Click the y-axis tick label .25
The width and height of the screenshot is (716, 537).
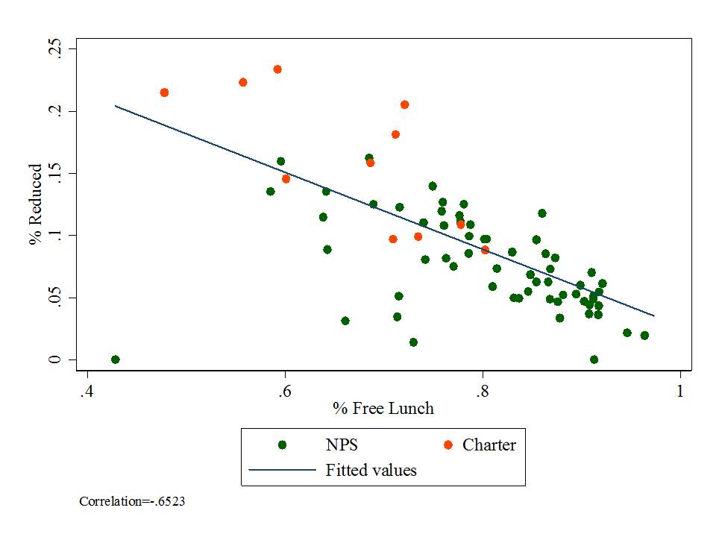point(52,49)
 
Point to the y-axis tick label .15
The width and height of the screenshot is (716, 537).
point(52,173)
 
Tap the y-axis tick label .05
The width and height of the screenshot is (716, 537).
point(52,298)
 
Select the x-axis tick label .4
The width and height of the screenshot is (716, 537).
point(87,391)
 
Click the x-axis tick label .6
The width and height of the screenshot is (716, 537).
point(284,391)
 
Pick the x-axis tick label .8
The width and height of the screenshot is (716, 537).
point(482,391)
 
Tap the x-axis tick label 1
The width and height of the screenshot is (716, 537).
point(679,391)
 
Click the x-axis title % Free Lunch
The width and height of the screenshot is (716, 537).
point(383,408)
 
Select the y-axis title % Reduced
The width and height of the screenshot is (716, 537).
point(35,205)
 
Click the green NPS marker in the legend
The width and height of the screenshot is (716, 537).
point(282,445)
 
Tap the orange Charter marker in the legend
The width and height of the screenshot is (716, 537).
point(447,445)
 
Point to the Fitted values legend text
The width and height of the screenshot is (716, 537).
point(371,470)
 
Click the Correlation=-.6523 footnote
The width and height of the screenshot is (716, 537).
point(132,502)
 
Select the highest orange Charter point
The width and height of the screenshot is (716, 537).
point(277,69)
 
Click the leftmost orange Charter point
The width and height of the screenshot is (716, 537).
point(164,92)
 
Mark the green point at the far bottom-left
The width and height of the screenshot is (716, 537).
point(116,359)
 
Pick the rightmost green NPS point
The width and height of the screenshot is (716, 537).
point(644,336)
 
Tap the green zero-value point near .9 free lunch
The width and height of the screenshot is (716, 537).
point(594,359)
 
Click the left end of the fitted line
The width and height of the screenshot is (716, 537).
point(115,106)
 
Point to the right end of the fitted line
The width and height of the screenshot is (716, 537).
point(654,315)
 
